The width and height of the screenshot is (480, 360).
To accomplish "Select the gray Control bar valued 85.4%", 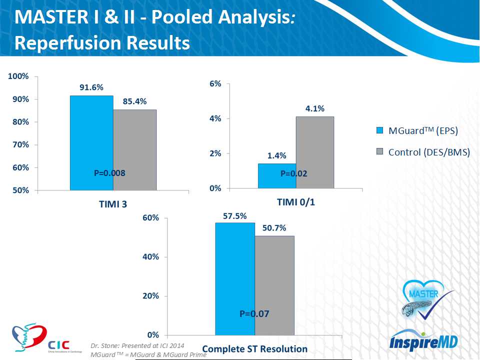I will point(134,150).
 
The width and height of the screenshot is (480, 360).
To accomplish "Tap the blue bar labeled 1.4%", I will point(277,176).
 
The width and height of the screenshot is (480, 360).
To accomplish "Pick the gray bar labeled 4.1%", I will point(314,152).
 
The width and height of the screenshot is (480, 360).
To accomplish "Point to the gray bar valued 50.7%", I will point(274,285).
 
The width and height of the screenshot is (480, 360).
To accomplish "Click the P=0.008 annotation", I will point(109,173).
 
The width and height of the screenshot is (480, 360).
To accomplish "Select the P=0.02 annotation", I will point(294,174).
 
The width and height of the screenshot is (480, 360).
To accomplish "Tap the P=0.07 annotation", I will point(254,314).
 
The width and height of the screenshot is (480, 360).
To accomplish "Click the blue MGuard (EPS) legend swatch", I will point(379,131).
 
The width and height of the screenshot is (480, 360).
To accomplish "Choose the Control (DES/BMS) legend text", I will point(429,152).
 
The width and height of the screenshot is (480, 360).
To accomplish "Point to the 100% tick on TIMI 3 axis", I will point(18,76).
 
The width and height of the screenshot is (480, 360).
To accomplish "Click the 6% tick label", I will point(215,84).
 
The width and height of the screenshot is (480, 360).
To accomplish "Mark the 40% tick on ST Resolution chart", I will point(151,257).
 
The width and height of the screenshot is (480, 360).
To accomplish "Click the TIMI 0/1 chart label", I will point(296,202).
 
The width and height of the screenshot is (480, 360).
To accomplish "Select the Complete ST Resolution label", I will point(254,348).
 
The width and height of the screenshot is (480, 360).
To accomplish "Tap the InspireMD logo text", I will point(422,344).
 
